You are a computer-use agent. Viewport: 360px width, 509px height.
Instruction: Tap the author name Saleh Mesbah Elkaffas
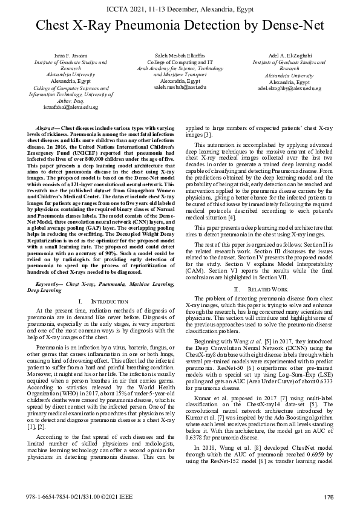coord(180,56)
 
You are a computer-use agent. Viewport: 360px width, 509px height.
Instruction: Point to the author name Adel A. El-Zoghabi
coord(289,56)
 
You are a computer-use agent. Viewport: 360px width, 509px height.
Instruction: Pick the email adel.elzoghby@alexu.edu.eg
coord(289,88)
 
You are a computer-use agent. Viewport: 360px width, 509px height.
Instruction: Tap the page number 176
coord(329,498)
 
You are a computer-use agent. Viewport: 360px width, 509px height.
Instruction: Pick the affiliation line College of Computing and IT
coord(180,62)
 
